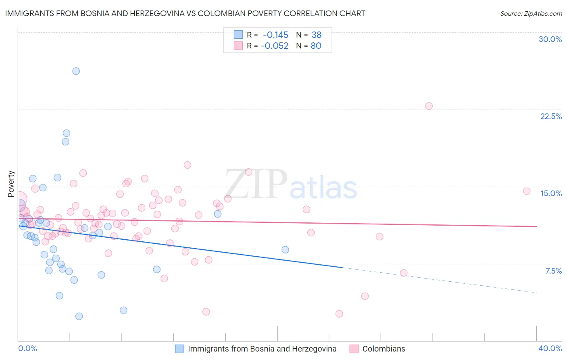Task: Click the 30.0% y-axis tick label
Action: pos(550,40)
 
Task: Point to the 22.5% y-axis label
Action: pos(551,116)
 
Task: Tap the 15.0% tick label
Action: pos(551,193)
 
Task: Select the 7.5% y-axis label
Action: pos(553,271)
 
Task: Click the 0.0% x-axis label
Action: pos(28,349)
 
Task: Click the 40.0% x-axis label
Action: pos(550,349)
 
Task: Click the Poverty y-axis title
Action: pos(11,184)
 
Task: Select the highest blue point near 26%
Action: pos(76,71)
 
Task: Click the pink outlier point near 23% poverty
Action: pos(429,106)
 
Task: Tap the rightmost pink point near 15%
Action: pos(526,191)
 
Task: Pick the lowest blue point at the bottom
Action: pos(79,316)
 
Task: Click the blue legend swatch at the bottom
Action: pos(179,349)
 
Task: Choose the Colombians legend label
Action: pos(384,349)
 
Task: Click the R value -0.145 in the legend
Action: pos(275,35)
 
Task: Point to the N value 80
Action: pos(316,46)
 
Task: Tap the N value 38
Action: pos(316,35)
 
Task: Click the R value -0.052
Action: pos(275,46)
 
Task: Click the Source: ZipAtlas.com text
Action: pos(531,14)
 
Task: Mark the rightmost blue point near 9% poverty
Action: pos(285,250)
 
